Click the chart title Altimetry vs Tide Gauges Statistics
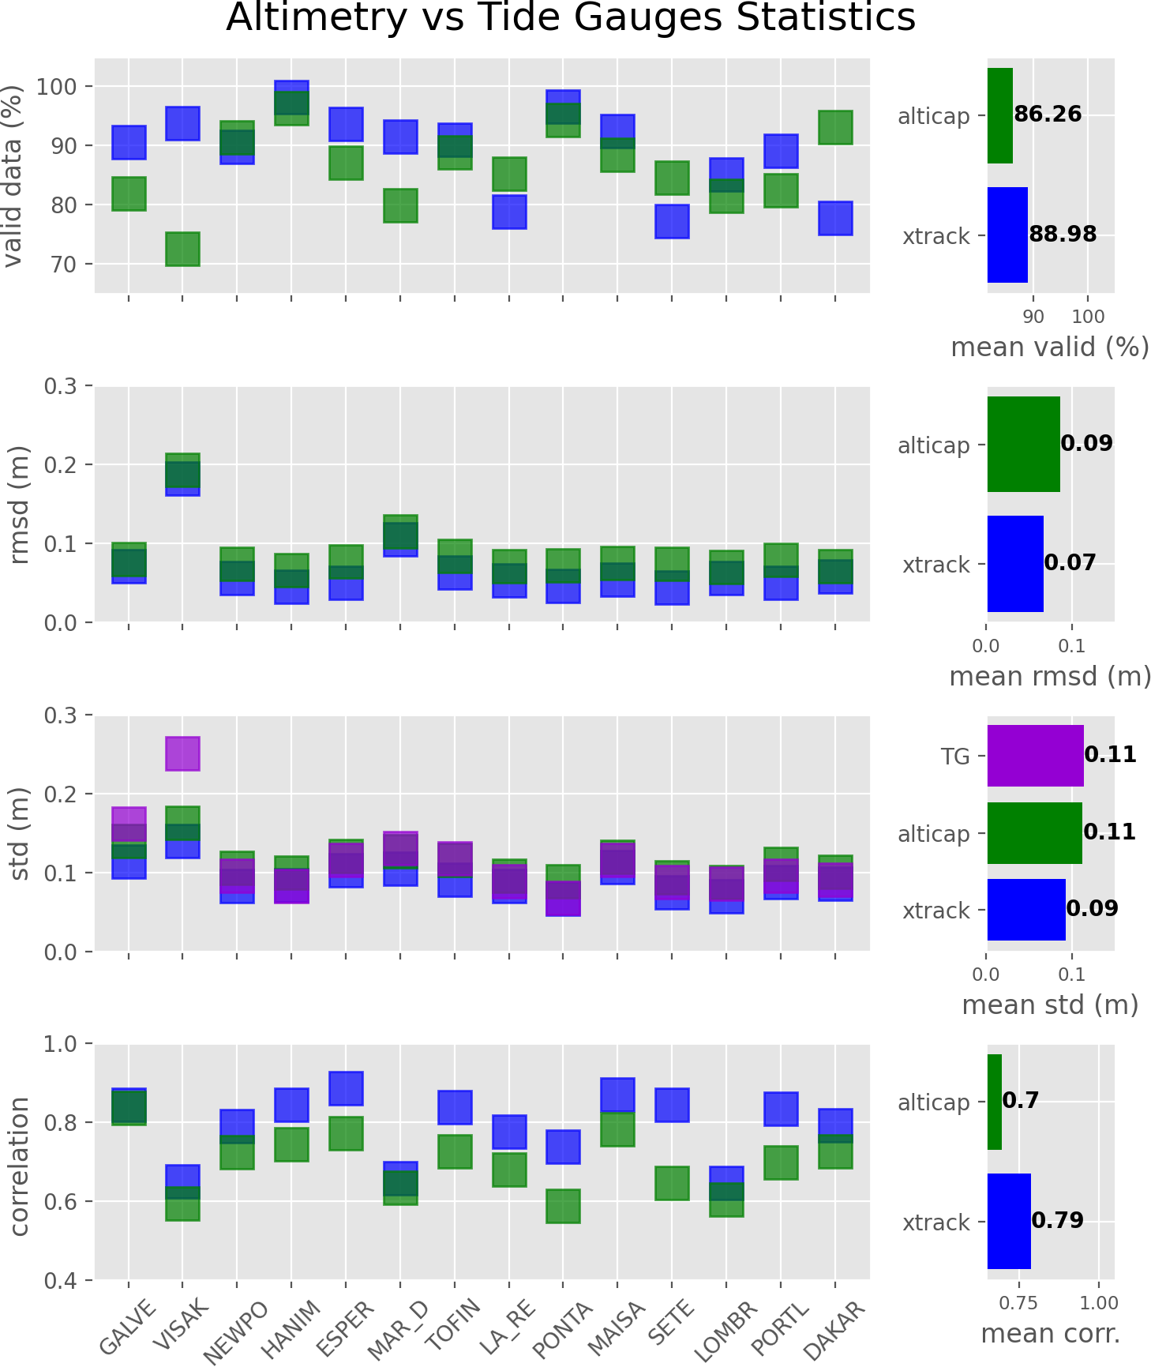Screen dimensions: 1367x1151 [570, 17]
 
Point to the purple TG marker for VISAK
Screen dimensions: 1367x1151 [182, 753]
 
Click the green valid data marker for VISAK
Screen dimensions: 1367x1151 [182, 249]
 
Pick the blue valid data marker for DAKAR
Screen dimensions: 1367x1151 [835, 218]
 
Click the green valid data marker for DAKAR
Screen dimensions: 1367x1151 [835, 127]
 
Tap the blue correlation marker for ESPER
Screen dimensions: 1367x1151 [346, 1088]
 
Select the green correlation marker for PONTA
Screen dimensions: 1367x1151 [563, 1206]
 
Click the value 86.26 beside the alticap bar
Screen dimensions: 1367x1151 [1048, 115]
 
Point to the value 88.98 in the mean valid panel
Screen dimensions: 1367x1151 [1063, 235]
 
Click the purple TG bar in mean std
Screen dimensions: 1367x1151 [1035, 756]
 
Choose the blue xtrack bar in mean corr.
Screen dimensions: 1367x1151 [1009, 1221]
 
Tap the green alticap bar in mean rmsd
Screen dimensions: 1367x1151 [1023, 444]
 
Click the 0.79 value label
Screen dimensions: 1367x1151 [1057, 1220]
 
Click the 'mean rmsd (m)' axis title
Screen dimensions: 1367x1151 [1050, 676]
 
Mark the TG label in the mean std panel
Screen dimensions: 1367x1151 [955, 757]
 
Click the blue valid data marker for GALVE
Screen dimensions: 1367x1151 [129, 142]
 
